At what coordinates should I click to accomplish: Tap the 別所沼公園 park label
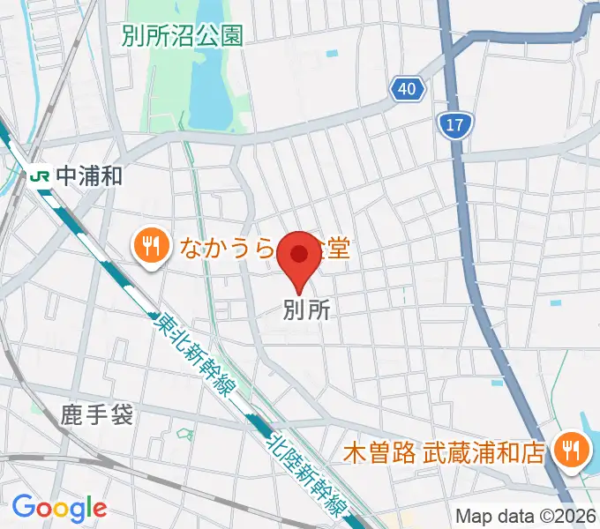[183, 35]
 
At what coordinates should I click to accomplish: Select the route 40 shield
[407, 89]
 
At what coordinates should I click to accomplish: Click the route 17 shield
[454, 125]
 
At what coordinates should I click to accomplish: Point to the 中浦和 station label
[88, 175]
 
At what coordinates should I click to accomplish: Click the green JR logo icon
[40, 175]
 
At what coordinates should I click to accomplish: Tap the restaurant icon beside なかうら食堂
[151, 246]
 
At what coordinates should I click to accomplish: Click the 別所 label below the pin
[306, 310]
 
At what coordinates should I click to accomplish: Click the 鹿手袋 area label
[97, 414]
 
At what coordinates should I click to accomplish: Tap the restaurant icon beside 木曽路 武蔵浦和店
[569, 451]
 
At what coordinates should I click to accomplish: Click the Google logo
[59, 508]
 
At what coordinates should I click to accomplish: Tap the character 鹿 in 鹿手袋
[73, 414]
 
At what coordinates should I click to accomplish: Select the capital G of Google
[23, 507]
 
